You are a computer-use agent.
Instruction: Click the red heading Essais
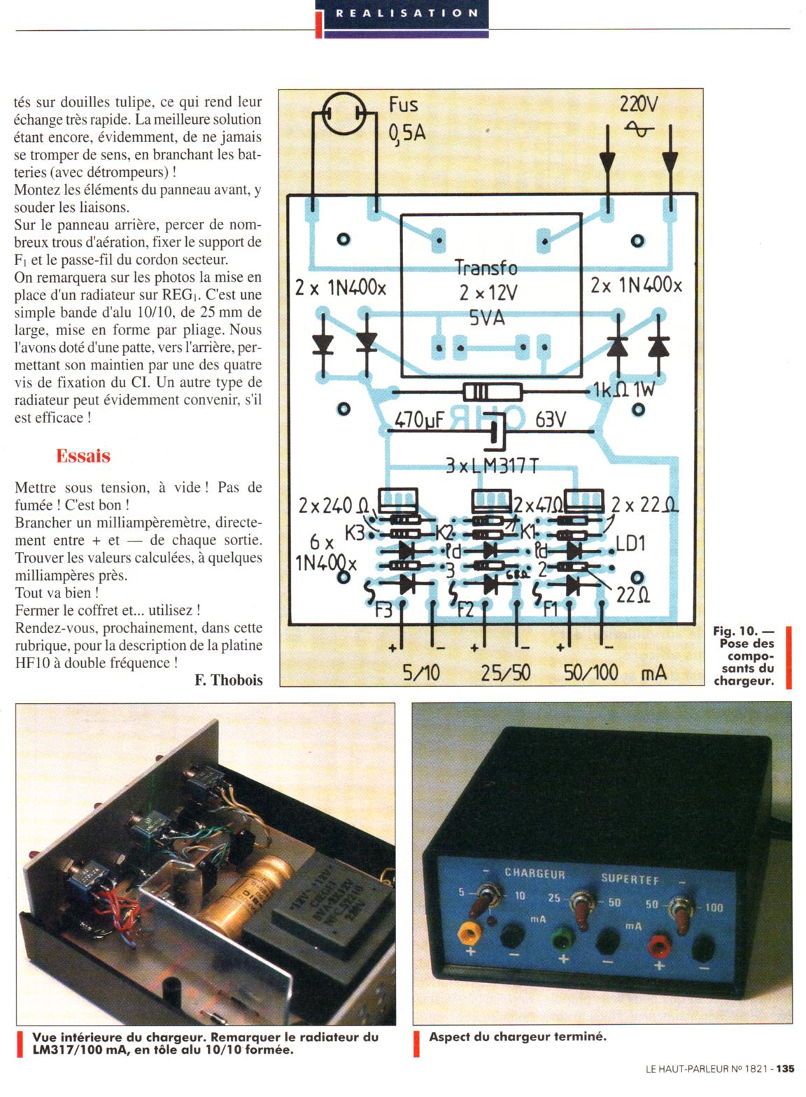click(x=83, y=456)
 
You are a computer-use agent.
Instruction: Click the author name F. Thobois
click(x=228, y=679)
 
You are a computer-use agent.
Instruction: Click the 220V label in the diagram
click(x=638, y=105)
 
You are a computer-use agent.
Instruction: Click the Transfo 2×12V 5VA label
click(x=487, y=292)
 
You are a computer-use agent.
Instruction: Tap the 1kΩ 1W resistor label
click(x=623, y=390)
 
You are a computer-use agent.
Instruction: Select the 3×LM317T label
click(x=492, y=466)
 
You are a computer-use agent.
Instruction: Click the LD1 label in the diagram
click(x=630, y=544)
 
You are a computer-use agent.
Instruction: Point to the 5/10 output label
click(x=421, y=673)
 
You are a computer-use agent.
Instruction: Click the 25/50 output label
click(x=505, y=673)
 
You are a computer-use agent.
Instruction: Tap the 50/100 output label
click(x=591, y=673)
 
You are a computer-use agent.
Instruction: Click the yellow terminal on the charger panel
click(x=467, y=933)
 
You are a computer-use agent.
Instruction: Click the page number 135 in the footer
click(x=785, y=1069)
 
